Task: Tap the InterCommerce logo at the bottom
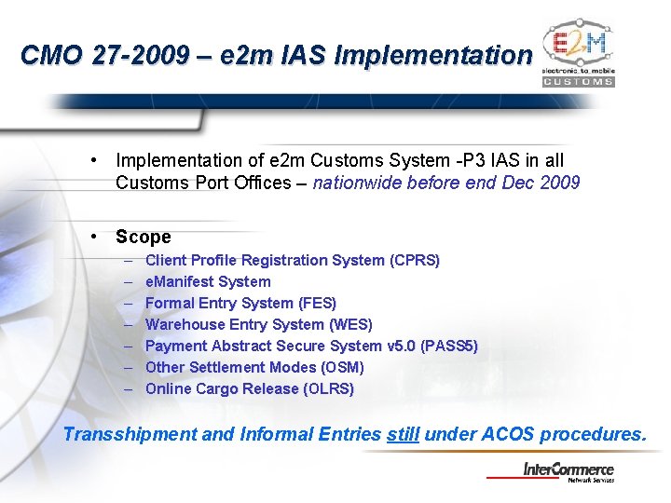[x=568, y=472]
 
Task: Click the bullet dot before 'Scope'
[x=96, y=237]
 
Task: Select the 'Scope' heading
[x=144, y=238]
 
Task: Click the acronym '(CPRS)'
[x=415, y=260]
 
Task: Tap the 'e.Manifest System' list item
[x=208, y=281]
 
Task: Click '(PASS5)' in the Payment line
[x=449, y=346]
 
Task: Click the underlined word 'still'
[x=403, y=434]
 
